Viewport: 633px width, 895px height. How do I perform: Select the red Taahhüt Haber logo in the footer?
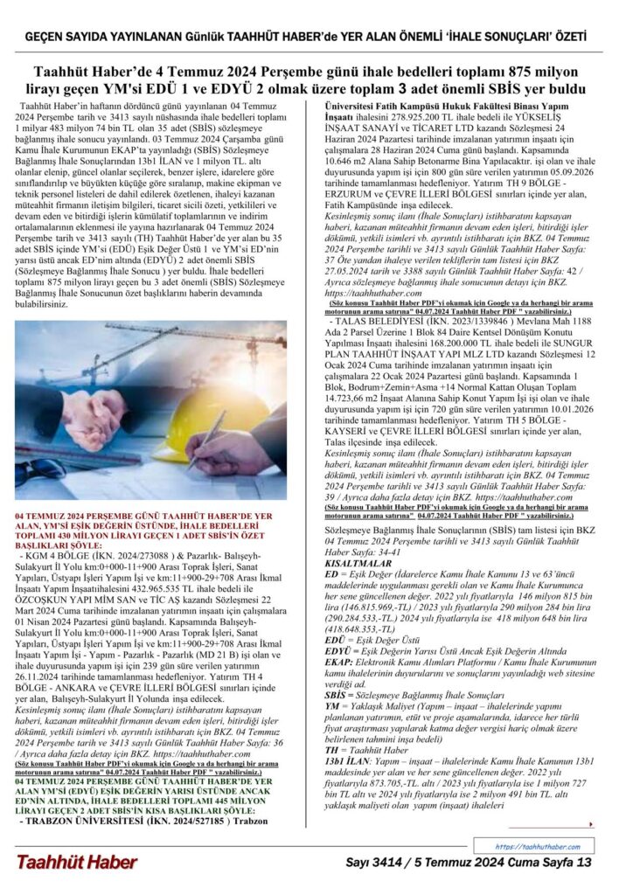(76, 862)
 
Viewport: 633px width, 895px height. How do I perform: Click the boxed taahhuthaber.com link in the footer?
(536, 847)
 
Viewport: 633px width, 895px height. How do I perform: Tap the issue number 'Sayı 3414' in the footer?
(375, 863)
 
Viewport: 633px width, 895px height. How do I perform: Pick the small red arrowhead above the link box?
(592, 824)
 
